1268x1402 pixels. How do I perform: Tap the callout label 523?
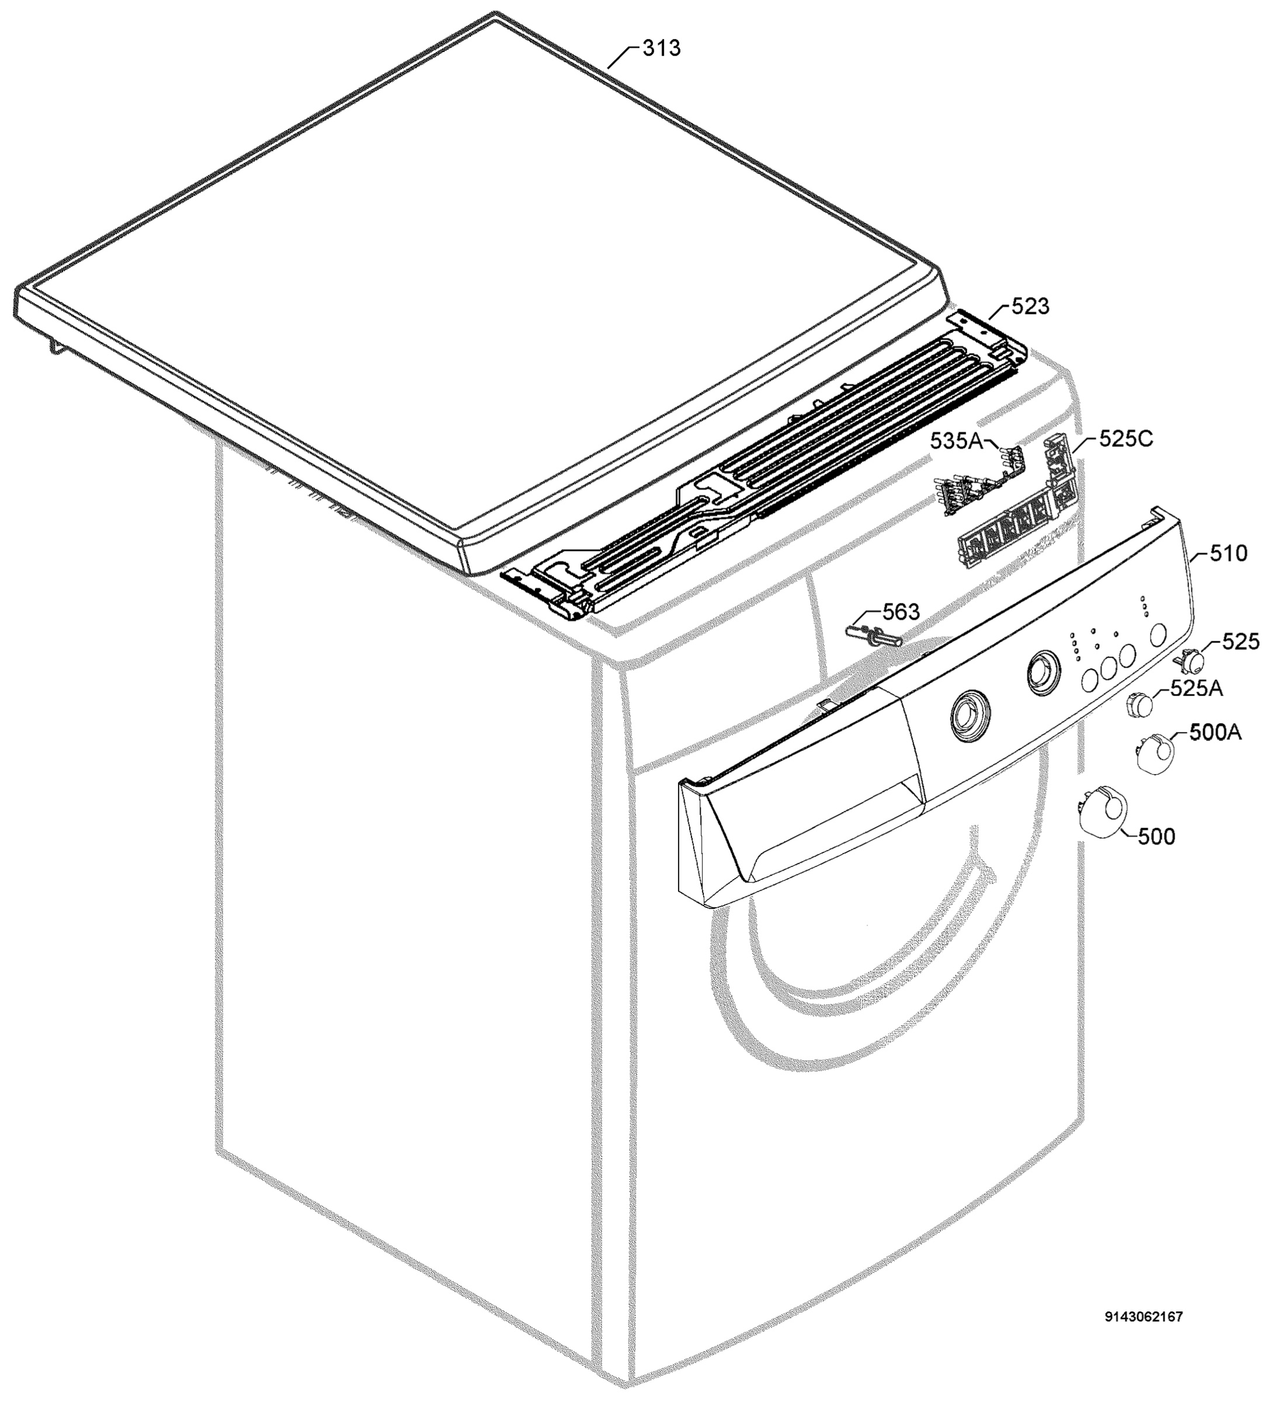[1030, 306]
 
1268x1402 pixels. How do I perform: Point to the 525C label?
[1125, 439]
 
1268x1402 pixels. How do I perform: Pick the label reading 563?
[901, 612]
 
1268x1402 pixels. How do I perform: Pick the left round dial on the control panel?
[968, 715]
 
